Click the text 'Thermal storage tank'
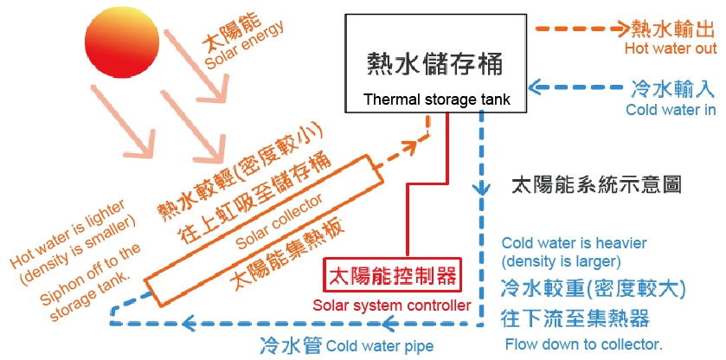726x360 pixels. (x=437, y=100)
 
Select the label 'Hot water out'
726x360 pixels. (x=671, y=48)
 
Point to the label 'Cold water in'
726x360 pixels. (x=671, y=110)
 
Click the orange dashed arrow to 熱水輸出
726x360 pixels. (x=582, y=29)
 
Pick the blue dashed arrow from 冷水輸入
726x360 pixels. (x=575, y=87)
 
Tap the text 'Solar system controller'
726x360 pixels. (x=392, y=305)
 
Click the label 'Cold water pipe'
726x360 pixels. (x=380, y=346)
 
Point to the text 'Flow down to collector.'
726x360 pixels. (x=584, y=344)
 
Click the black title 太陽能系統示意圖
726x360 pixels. (x=596, y=185)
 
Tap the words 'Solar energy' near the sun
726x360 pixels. (x=244, y=47)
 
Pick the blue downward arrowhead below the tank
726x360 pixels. (x=481, y=188)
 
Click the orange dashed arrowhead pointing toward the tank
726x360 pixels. (x=407, y=147)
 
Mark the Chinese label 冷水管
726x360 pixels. (x=291, y=345)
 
